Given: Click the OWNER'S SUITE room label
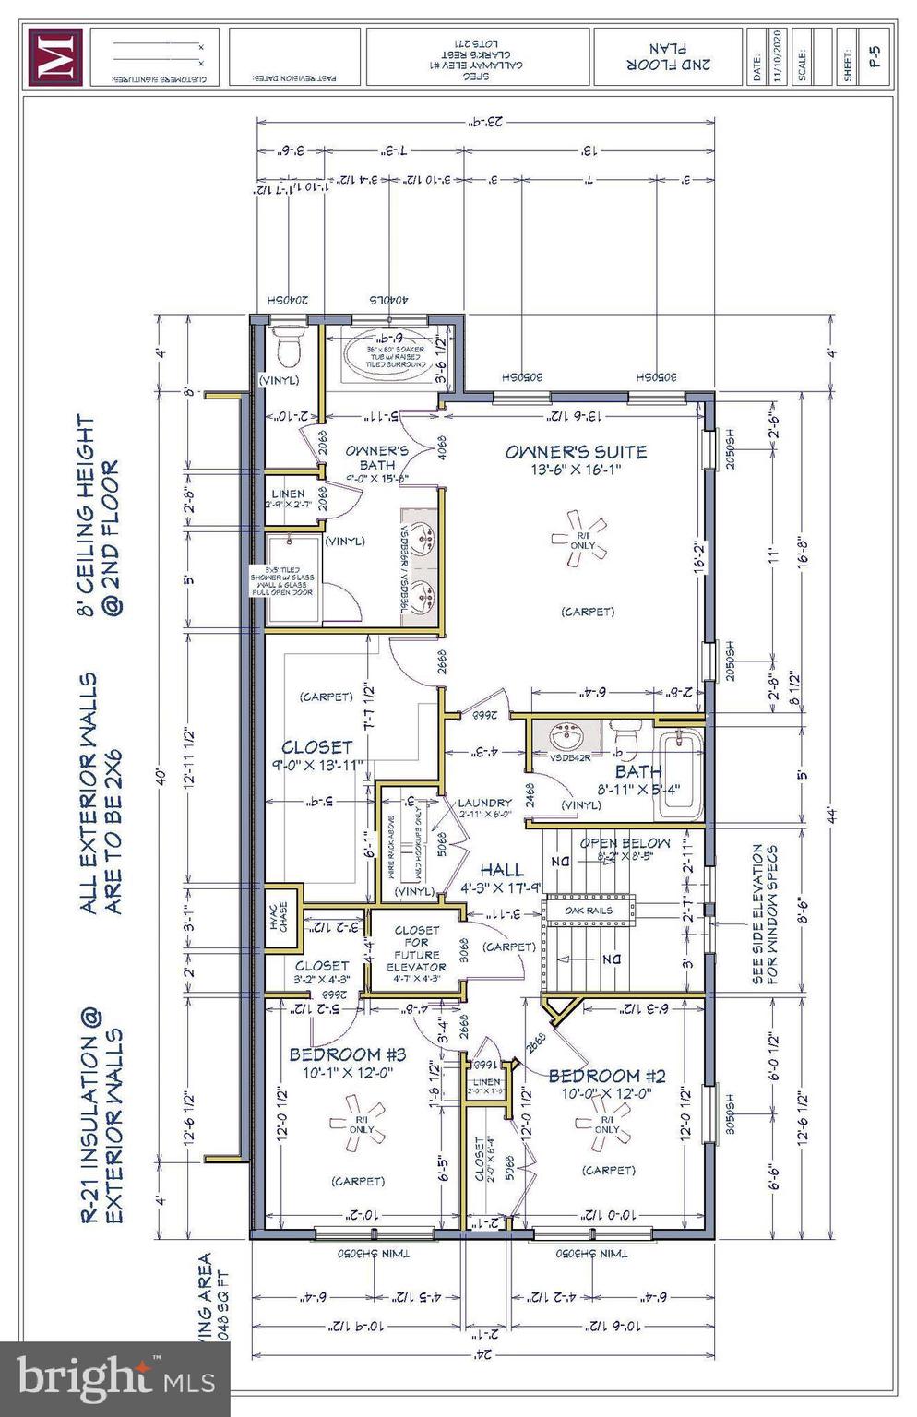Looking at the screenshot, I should coord(576,452).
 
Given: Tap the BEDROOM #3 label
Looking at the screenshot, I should coord(348,1054).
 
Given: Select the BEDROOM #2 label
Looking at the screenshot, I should coord(606,1076).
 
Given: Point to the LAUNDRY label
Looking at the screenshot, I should coord(484,803).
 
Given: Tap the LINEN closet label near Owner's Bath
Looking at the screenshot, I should coord(288,494).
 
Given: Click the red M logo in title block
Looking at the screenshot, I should coord(54,57).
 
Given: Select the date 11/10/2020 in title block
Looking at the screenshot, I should coord(778,57).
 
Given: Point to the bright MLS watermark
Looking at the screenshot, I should coord(114,1379).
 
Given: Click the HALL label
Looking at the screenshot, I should coord(502,870).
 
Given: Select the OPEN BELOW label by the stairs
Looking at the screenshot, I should coord(625,843).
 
